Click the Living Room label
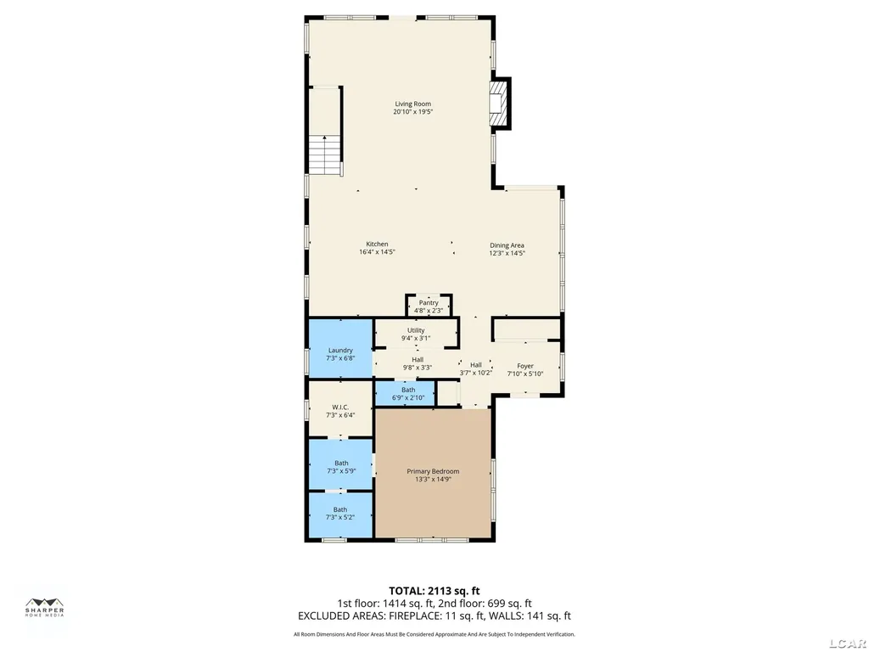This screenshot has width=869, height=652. (413, 104)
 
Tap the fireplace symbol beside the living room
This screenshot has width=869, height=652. (497, 104)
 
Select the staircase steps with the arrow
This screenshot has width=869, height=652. (324, 155)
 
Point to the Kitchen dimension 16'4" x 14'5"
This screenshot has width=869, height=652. (377, 251)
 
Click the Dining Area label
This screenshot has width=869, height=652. (507, 245)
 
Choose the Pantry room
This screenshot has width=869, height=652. (429, 306)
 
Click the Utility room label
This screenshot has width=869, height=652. (416, 330)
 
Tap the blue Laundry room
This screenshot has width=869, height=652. (340, 349)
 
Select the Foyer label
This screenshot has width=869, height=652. (524, 366)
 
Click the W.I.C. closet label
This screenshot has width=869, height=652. (340, 407)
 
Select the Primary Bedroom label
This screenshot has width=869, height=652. (433, 471)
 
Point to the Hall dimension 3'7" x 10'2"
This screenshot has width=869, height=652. (475, 373)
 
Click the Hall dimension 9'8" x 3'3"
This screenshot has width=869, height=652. (418, 367)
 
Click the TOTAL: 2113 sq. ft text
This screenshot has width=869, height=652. (434, 591)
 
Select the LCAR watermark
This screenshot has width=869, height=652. (849, 644)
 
